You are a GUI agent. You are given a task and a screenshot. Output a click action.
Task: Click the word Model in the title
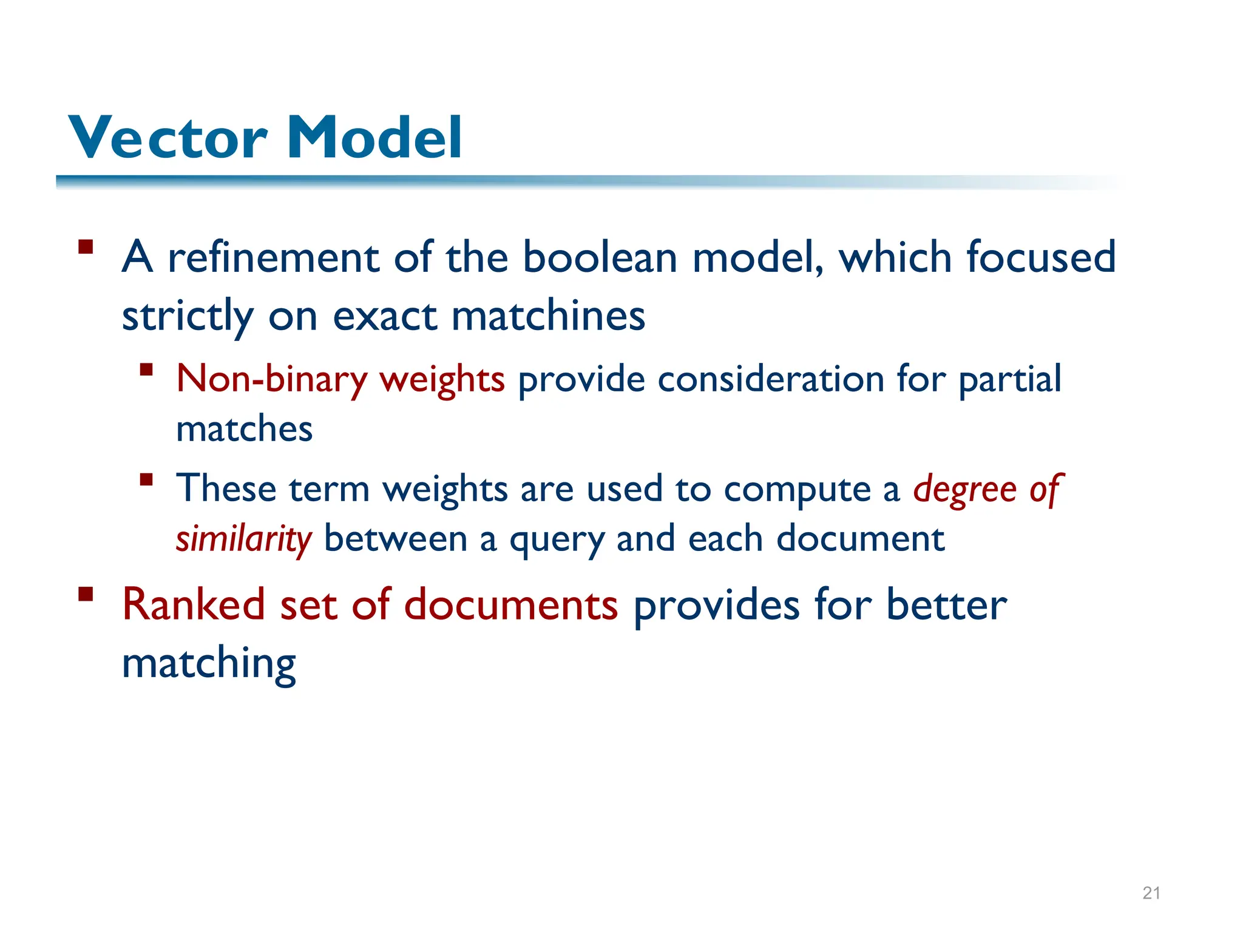374,138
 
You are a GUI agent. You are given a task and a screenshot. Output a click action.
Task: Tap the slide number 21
1151,893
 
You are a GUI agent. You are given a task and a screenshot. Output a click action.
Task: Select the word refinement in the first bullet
273,257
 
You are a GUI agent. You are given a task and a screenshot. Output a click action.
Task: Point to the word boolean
599,257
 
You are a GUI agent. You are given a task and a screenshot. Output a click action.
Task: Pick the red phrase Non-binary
271,379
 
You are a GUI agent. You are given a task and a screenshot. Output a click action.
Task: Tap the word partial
1010,379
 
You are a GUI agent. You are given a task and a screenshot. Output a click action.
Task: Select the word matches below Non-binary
244,429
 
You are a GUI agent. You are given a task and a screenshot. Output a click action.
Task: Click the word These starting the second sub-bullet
226,488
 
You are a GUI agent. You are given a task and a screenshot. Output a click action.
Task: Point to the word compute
797,490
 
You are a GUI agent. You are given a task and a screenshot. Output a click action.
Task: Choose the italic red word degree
964,490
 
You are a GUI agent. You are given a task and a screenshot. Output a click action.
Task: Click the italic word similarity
244,539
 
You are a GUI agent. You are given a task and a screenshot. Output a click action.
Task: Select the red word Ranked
193,605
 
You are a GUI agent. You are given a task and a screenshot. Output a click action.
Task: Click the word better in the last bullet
946,605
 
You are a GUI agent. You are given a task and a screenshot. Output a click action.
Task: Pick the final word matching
209,664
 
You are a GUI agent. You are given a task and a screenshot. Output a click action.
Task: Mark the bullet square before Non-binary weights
146,370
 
